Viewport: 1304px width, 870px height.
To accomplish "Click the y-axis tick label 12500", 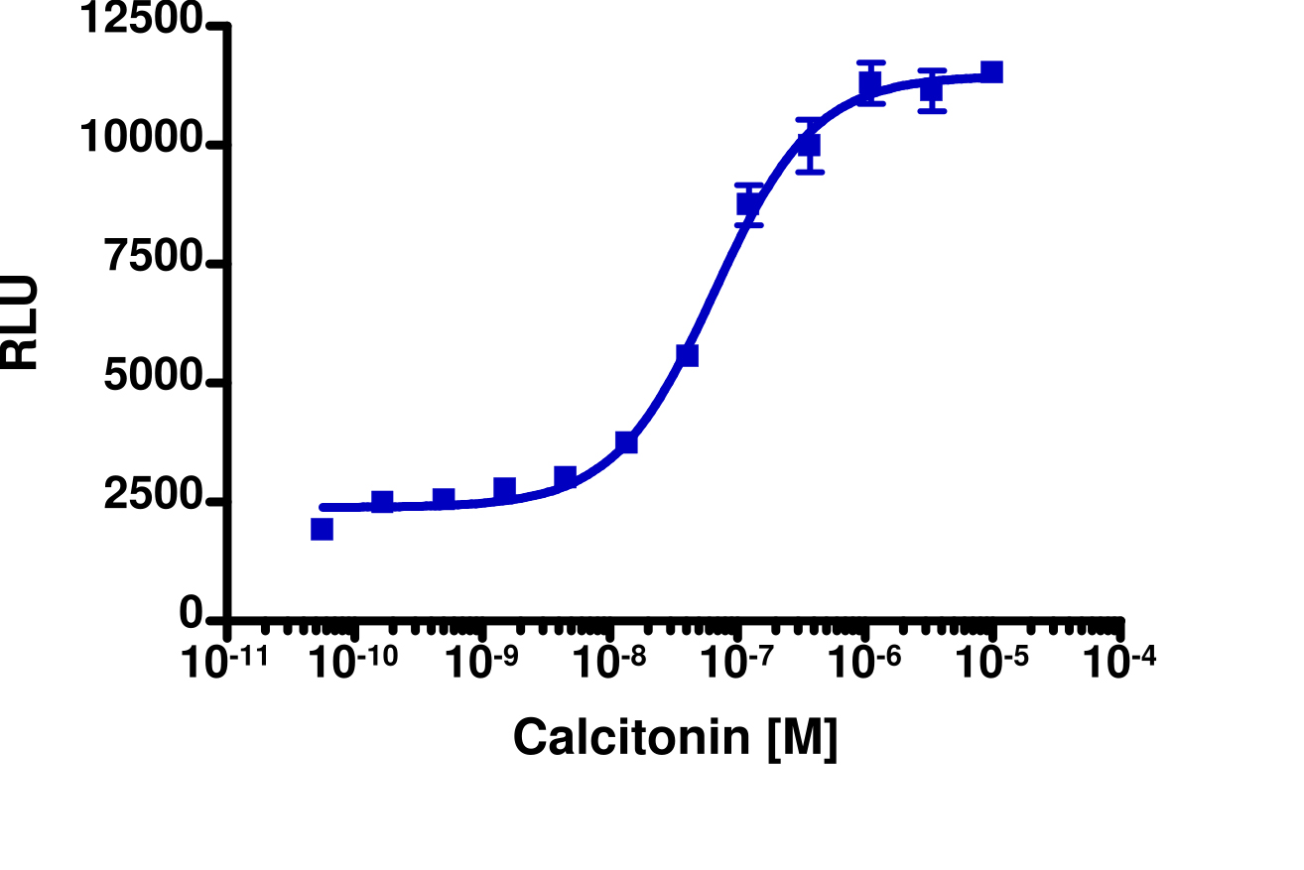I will click(142, 21).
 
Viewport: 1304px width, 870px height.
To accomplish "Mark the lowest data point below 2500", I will click(322, 529).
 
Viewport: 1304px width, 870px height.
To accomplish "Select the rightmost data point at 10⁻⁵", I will click(991, 71).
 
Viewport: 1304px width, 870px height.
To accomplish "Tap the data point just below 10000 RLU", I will click(810, 145).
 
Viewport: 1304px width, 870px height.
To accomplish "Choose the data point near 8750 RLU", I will click(749, 203).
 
